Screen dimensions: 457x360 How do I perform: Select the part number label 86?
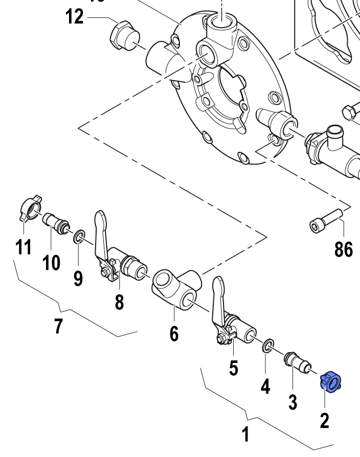pos(344,249)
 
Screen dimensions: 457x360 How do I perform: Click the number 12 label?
pos(74,17)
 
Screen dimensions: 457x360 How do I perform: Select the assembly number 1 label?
pos(246,435)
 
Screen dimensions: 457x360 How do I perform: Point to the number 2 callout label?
pos(324,420)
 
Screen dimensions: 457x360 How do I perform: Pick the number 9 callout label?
pos(78,278)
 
